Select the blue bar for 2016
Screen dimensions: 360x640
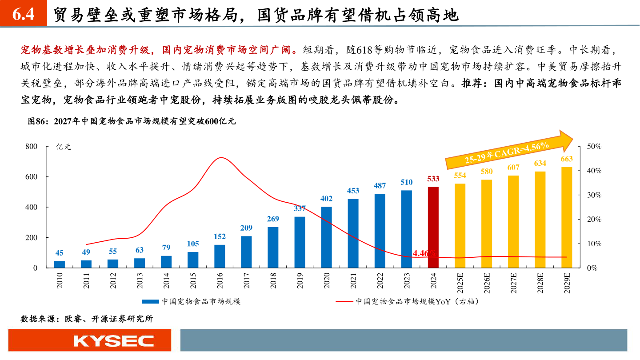point(220,256)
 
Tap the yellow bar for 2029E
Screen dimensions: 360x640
point(567,218)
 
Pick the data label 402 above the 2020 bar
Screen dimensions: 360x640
point(326,199)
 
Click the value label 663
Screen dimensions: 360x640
point(567,159)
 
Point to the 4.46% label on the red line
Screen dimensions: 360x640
point(424,253)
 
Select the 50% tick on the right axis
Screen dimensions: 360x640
point(594,146)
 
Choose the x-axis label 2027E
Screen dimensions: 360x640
point(513,284)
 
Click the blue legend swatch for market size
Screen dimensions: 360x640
point(150,302)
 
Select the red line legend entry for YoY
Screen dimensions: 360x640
point(345,302)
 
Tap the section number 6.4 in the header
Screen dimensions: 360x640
point(23,15)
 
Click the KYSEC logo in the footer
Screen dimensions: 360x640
point(113,341)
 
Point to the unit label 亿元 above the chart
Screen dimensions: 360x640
point(64,147)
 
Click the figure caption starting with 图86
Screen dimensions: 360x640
point(132,121)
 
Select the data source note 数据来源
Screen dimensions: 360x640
point(87,319)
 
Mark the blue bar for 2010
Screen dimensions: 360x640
point(60,264)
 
